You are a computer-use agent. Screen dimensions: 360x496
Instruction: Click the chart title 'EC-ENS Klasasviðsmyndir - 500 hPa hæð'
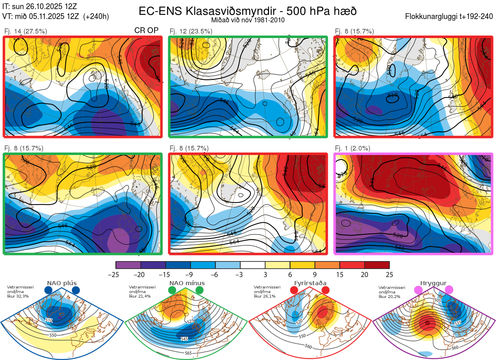[x=248, y=11]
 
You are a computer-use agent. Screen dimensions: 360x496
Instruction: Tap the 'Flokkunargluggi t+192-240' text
[x=449, y=17]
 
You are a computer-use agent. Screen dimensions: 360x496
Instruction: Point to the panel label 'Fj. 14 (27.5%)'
[x=26, y=31]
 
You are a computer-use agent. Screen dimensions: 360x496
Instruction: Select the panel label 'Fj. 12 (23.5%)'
[x=191, y=31]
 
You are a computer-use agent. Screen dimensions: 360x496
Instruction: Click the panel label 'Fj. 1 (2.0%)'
[x=353, y=148]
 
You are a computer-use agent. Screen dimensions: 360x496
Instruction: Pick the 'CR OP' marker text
[x=146, y=31]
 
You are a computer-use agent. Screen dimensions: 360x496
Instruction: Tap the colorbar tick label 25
[x=389, y=274]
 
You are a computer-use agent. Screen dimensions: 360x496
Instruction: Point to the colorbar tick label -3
[x=240, y=274]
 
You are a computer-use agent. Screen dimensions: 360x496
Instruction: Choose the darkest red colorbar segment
[x=377, y=265]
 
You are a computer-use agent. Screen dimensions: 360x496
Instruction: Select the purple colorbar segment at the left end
[x=128, y=265]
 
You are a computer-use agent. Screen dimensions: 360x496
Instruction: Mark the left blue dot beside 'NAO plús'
[x=48, y=291]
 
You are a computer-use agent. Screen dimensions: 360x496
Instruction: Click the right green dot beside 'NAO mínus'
[x=200, y=291]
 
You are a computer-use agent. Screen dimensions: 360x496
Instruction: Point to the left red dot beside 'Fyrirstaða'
[x=294, y=291]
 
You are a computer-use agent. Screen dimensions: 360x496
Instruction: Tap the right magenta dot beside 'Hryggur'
[x=449, y=291]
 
